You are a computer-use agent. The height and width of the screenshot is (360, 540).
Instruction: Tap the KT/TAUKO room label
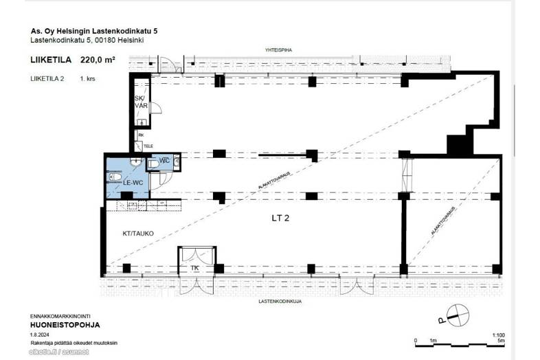(x=138, y=234)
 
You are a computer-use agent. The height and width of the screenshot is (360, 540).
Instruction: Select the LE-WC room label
(x=133, y=182)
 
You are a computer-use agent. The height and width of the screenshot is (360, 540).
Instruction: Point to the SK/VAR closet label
(x=141, y=102)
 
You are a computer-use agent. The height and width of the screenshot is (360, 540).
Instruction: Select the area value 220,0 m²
(x=98, y=60)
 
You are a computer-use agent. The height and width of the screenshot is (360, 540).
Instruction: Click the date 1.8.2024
(x=39, y=334)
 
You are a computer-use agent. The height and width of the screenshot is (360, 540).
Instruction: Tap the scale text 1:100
(x=499, y=335)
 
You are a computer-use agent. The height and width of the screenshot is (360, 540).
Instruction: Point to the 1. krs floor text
(x=87, y=79)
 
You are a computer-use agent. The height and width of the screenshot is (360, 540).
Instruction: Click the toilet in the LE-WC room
(x=115, y=177)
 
